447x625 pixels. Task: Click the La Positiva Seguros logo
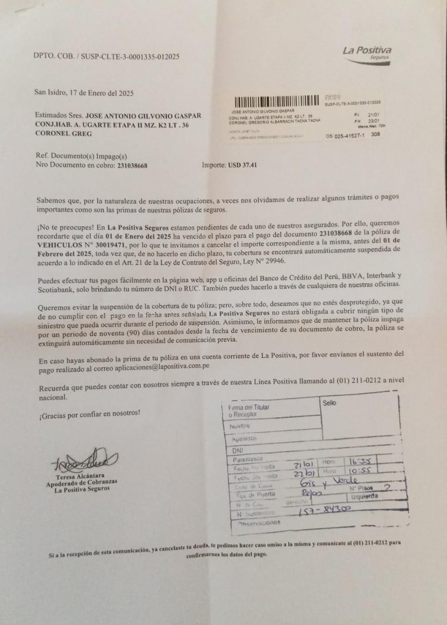(x=366, y=52)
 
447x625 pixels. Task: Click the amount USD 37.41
(x=242, y=165)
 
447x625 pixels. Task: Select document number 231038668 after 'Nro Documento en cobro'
(x=132, y=166)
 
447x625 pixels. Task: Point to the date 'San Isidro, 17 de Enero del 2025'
(x=83, y=93)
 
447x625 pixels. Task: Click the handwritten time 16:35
(x=360, y=461)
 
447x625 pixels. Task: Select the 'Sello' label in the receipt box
(x=329, y=403)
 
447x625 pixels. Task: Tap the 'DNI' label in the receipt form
(x=238, y=450)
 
